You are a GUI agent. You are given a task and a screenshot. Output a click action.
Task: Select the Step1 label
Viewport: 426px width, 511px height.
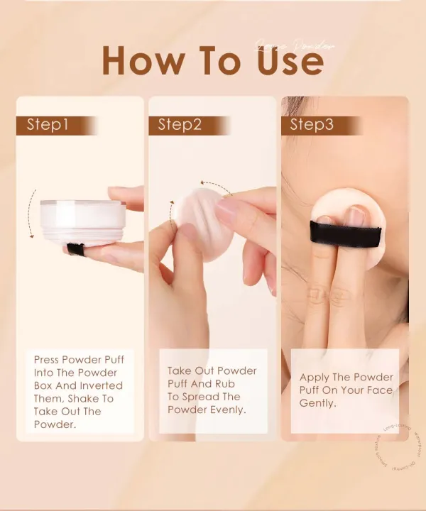click(48, 126)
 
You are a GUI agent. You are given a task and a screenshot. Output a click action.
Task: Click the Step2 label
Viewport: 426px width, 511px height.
click(180, 126)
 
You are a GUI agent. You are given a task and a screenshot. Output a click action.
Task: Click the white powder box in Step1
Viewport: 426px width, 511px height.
click(83, 222)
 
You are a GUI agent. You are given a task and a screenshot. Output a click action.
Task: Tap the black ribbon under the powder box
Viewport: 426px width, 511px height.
click(75, 248)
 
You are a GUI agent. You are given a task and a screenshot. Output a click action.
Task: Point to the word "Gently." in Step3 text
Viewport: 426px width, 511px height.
click(318, 403)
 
